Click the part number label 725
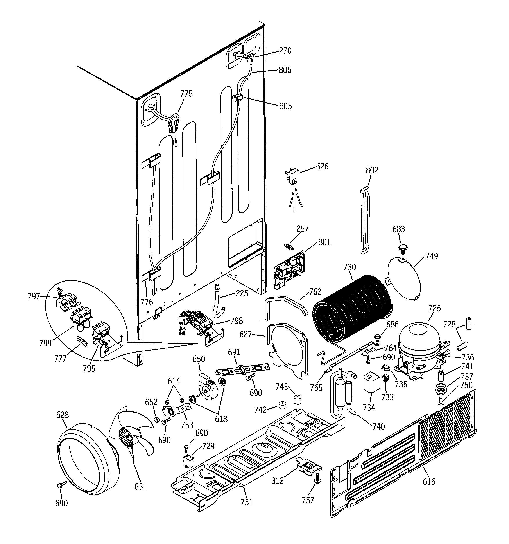(x=434, y=308)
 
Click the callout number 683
(x=399, y=229)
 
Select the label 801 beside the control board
(x=324, y=242)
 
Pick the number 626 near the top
(x=322, y=166)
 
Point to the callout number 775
(x=186, y=94)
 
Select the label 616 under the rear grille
(x=429, y=482)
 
